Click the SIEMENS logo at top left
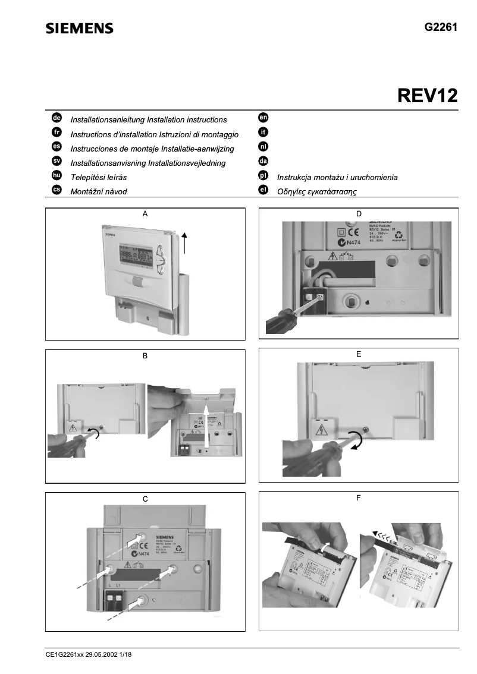(x=80, y=28)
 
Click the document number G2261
(x=441, y=27)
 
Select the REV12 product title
(x=423, y=95)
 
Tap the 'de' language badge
(x=57, y=119)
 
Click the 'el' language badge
(x=263, y=190)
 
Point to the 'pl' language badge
(x=263, y=176)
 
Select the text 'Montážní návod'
(x=99, y=191)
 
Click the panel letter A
(x=145, y=213)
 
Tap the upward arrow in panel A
(x=184, y=242)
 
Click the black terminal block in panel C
(x=121, y=604)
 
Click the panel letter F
(x=358, y=497)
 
